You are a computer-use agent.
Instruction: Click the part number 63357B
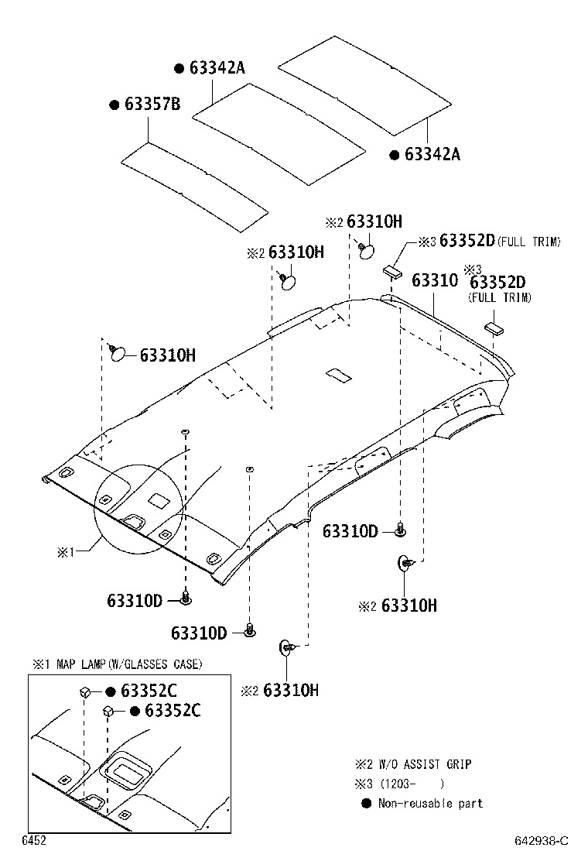click(x=152, y=104)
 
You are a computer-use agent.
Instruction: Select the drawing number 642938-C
click(x=542, y=841)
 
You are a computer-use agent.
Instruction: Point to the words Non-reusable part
click(x=430, y=803)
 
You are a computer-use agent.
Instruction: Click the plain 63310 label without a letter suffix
click(x=434, y=280)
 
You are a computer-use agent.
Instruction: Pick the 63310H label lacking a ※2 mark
click(x=167, y=355)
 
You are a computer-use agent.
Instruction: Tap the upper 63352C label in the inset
click(x=149, y=691)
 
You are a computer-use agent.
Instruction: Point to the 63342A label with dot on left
click(x=217, y=68)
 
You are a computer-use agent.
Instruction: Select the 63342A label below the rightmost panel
click(x=432, y=154)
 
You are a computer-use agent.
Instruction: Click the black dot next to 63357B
click(x=114, y=105)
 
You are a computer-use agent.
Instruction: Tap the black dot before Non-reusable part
click(x=367, y=803)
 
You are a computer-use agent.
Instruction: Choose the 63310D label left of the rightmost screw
click(x=350, y=531)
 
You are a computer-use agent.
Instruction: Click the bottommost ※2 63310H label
click(x=291, y=690)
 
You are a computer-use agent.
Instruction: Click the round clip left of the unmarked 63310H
click(x=118, y=353)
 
